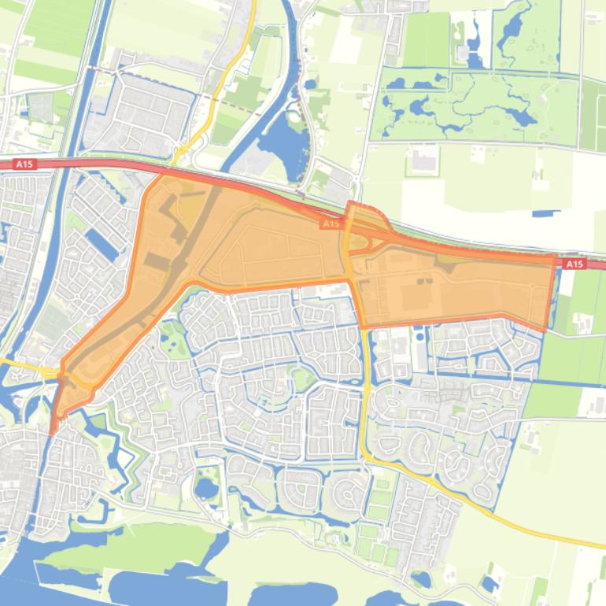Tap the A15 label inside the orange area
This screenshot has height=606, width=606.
[331, 224]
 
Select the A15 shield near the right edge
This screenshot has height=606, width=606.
[575, 264]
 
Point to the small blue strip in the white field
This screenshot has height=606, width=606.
[545, 212]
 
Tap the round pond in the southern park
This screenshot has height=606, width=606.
[206, 489]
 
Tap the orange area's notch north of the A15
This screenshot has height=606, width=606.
[358, 209]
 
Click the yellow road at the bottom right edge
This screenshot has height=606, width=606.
[598, 544]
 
